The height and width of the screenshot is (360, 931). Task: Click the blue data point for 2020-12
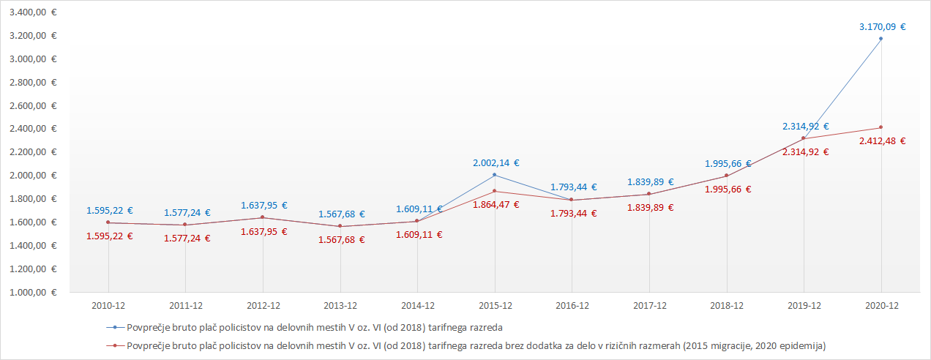pos(880,38)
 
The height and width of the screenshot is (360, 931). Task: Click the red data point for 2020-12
pos(880,127)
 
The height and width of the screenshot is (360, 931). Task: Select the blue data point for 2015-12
pos(495,175)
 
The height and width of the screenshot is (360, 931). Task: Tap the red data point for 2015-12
pos(495,191)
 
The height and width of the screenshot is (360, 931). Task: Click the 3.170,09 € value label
pos(882,27)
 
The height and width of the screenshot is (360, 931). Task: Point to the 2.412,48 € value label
pos(882,141)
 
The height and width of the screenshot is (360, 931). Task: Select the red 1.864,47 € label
pos(496,205)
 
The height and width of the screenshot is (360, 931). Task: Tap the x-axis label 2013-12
pos(340,305)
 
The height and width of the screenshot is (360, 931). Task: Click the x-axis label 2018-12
pos(727,305)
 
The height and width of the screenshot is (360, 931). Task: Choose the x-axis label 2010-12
pos(108,305)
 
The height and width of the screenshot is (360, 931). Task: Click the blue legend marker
pos(113,327)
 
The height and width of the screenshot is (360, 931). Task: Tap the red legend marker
pos(113,344)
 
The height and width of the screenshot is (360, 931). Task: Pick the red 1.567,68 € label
pos(341,239)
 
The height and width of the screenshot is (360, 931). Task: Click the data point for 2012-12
pos(263,217)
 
